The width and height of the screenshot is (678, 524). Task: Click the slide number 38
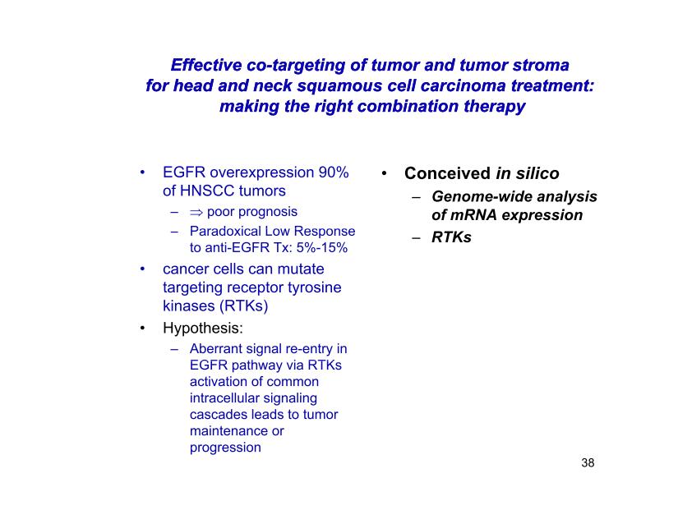588,462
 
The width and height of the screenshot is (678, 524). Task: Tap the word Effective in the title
205,65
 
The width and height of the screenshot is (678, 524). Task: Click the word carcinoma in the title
463,85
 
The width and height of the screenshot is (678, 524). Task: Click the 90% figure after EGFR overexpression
334,172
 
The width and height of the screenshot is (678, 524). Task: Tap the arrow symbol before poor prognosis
196,212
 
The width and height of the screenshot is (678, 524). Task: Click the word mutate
301,269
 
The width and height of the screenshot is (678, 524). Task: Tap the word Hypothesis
203,328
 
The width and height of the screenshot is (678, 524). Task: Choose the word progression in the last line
225,448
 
